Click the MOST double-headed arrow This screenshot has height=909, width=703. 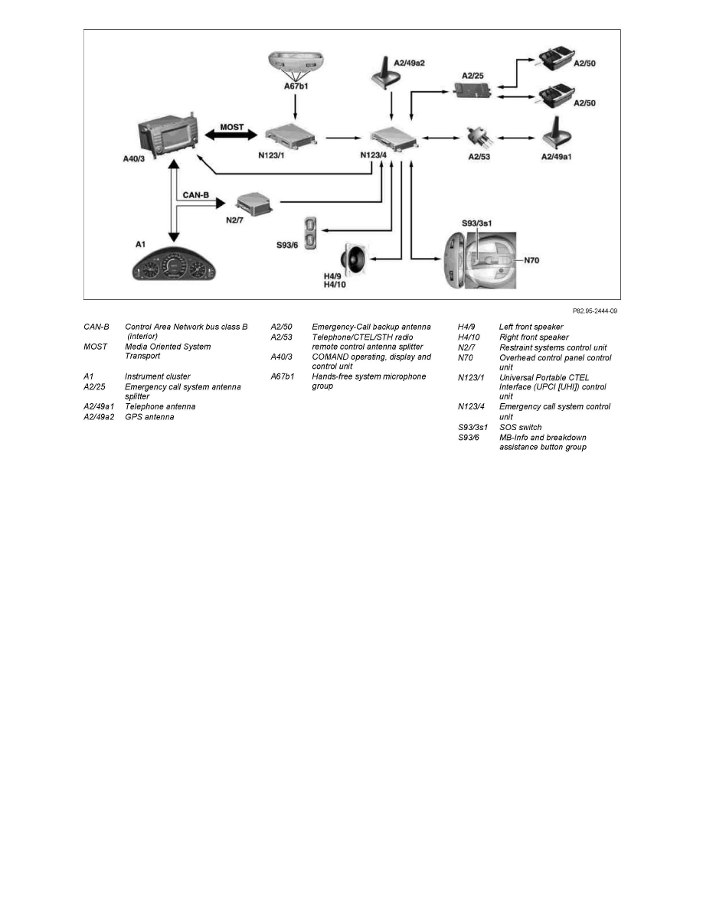click(226, 135)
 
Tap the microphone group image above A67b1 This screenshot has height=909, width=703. click(295, 63)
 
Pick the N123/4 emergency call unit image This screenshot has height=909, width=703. click(395, 139)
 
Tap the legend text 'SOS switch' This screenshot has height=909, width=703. click(520, 427)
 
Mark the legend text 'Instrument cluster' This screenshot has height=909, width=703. click(157, 376)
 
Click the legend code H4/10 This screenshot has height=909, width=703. click(468, 337)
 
